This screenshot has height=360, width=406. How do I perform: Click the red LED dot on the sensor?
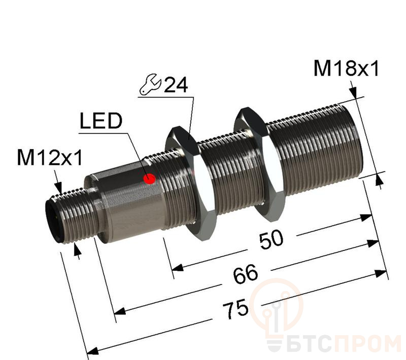[x=149, y=178]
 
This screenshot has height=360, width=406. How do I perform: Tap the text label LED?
[x=101, y=122]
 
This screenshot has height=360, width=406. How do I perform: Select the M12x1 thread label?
[x=50, y=159]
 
